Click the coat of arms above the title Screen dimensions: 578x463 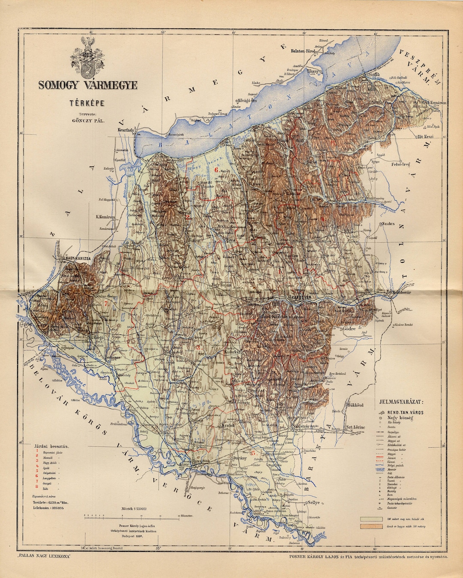click(x=88, y=56)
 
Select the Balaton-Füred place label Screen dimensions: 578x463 click(x=303, y=51)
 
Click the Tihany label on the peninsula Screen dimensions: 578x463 click(x=313, y=71)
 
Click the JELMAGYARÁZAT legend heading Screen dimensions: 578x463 click(x=401, y=402)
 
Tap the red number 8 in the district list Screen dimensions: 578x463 click(x=37, y=486)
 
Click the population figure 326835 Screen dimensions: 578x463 click(x=53, y=508)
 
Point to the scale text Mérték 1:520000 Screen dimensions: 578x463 click(x=134, y=509)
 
